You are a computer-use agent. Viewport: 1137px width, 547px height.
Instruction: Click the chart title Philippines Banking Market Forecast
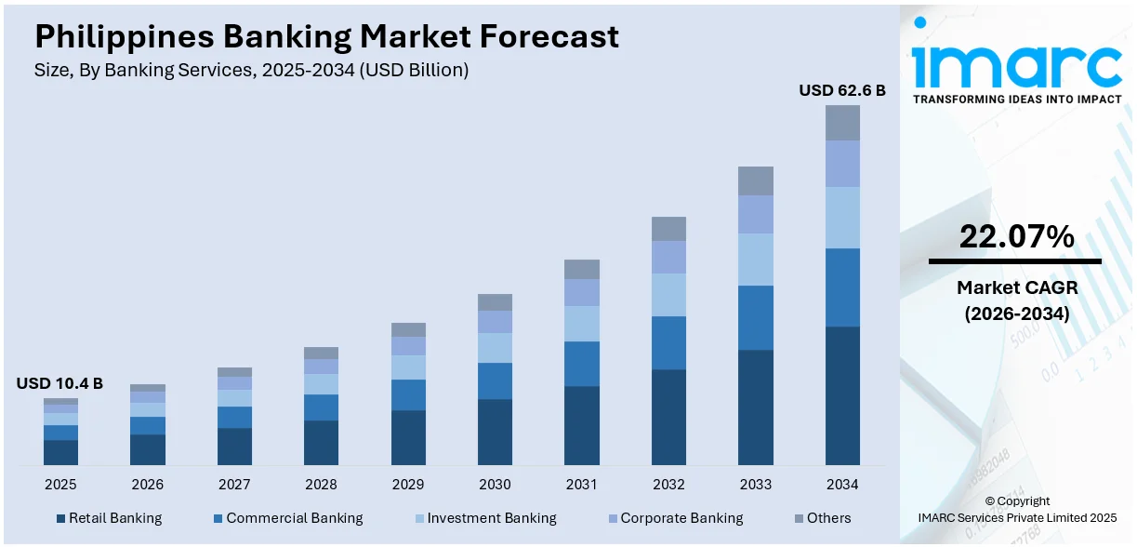pyautogui.click(x=326, y=36)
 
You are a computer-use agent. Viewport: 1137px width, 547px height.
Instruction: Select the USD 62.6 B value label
pyautogui.click(x=842, y=90)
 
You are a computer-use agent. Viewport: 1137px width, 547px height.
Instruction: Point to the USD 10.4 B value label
pyautogui.click(x=59, y=383)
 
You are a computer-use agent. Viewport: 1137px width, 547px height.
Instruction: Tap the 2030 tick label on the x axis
pyautogui.click(x=495, y=485)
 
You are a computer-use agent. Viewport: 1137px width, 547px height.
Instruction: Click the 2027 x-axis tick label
pyautogui.click(x=234, y=485)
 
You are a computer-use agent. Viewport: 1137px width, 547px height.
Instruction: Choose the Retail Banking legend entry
pyautogui.click(x=109, y=518)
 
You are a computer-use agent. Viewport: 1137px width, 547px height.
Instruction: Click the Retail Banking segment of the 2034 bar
pyautogui.click(x=842, y=395)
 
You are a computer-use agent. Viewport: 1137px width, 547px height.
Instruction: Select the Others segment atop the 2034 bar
pyautogui.click(x=842, y=123)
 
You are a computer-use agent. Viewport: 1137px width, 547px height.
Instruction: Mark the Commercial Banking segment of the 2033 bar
pyautogui.click(x=756, y=317)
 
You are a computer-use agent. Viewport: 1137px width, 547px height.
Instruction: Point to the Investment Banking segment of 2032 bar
pyautogui.click(x=668, y=295)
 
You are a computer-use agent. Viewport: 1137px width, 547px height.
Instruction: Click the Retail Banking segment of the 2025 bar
pyautogui.click(x=60, y=452)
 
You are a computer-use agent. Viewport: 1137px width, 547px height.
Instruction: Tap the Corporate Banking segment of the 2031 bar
pyautogui.click(x=582, y=293)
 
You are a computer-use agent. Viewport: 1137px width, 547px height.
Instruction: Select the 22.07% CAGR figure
pyautogui.click(x=1016, y=237)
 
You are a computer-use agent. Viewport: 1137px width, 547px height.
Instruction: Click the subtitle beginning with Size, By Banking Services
pyautogui.click(x=251, y=70)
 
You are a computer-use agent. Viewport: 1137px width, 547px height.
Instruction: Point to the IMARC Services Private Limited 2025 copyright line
pyautogui.click(x=1017, y=517)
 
